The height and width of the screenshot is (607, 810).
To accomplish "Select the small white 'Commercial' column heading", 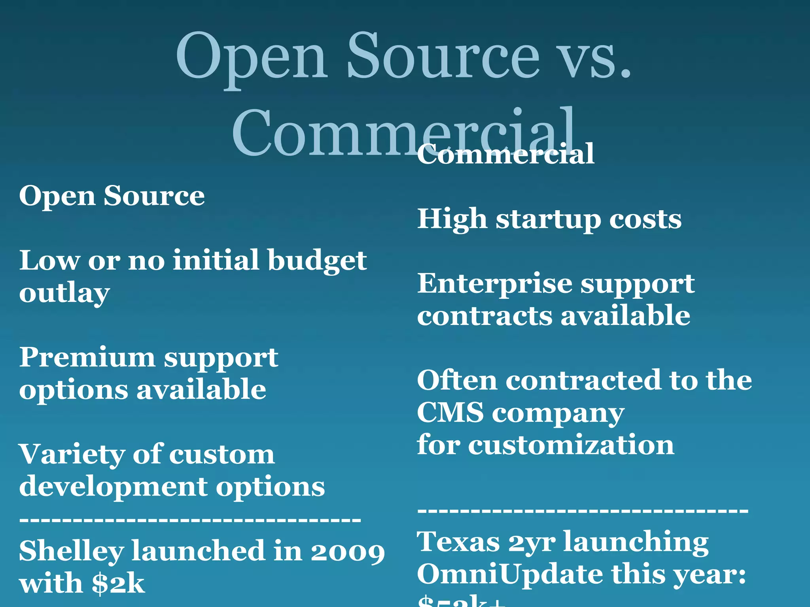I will [505, 154].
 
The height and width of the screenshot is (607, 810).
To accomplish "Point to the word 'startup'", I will [548, 220].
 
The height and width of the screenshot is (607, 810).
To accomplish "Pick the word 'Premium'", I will [87, 358].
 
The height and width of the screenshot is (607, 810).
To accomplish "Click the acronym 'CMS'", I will [450, 412].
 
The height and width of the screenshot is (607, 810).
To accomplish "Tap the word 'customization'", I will [571, 445].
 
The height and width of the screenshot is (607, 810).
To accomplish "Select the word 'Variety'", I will [72, 454].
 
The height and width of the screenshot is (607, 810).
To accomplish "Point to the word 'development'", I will [113, 487].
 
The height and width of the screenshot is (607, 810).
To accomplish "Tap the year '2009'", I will [348, 552].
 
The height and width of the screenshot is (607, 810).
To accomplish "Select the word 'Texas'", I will [458, 542].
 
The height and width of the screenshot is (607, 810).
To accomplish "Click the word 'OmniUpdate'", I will [510, 574].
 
